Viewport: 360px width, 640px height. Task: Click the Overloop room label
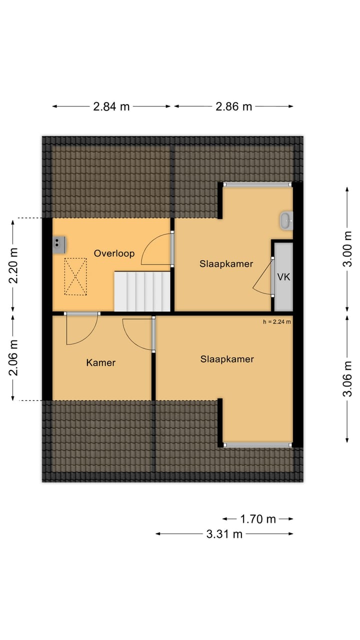114,253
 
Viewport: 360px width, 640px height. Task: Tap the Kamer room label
100,362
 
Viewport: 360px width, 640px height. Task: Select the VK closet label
283,276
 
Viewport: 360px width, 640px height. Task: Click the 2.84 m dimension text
111,106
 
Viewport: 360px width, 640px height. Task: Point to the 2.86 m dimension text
234,106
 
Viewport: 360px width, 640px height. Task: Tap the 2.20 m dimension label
13,265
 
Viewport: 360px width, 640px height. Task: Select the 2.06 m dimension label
13,357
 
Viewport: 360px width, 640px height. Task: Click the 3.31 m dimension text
224,534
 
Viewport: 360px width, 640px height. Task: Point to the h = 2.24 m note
277,322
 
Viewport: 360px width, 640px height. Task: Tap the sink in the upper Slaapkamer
286,220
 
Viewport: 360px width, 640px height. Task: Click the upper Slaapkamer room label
226,264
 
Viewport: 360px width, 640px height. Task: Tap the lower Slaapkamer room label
227,359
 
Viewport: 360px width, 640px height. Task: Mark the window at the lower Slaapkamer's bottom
257,444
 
